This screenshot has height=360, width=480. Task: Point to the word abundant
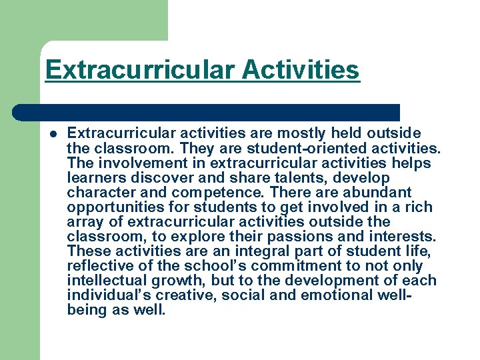[x=379, y=193]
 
